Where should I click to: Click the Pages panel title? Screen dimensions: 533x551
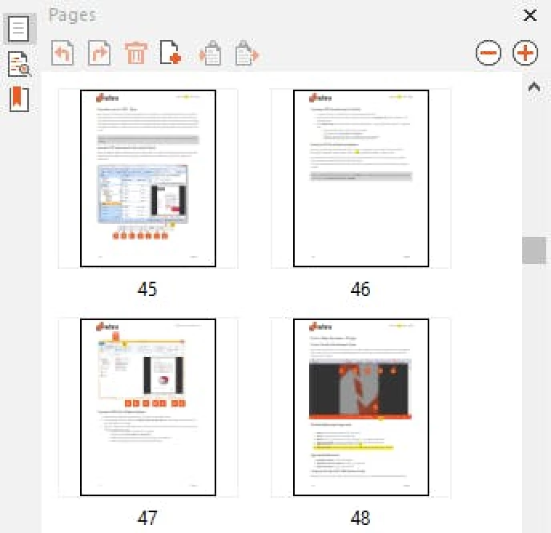pyautogui.click(x=72, y=14)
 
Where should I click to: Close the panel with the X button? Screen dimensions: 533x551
pyautogui.click(x=529, y=15)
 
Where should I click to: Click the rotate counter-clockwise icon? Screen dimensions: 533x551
pyautogui.click(x=62, y=54)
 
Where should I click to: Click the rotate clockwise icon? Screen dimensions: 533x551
pyautogui.click(x=99, y=54)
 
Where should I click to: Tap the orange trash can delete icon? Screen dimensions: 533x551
pyautogui.click(x=136, y=54)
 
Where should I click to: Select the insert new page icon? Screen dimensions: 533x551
pyautogui.click(x=171, y=54)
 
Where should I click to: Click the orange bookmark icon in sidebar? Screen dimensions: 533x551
pyautogui.click(x=18, y=98)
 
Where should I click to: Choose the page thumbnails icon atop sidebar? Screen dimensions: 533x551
pyautogui.click(x=18, y=29)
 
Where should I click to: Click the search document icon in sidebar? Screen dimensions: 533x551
pyautogui.click(x=18, y=64)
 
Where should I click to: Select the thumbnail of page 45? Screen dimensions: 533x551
pyautogui.click(x=148, y=178)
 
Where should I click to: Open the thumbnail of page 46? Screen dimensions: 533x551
pyautogui.click(x=361, y=178)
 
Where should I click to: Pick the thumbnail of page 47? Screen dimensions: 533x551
pyautogui.click(x=148, y=407)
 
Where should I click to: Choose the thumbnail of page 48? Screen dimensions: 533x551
pyautogui.click(x=361, y=407)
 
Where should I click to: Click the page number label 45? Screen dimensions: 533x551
pyautogui.click(x=147, y=289)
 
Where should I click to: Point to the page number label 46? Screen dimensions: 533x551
pyautogui.click(x=360, y=289)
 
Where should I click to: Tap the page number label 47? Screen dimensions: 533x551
pyautogui.click(x=147, y=518)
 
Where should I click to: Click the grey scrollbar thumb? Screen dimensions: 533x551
pyautogui.click(x=533, y=250)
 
